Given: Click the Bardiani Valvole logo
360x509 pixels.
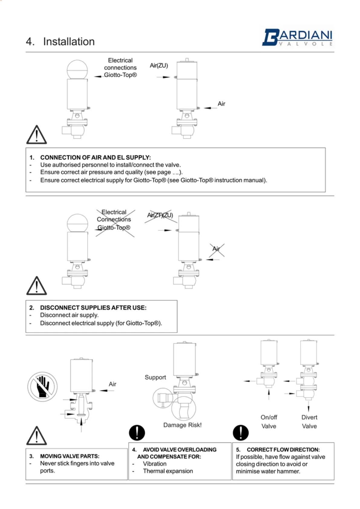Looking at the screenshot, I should click(297, 37).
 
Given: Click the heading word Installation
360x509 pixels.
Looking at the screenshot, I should click(69, 41).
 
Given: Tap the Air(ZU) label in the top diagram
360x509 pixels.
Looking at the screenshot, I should click(159, 66).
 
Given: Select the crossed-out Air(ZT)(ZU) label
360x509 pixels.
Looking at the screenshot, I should click(160, 215).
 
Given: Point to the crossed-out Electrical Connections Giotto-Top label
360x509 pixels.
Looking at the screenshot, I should click(114, 220).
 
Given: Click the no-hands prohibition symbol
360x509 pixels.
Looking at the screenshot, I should click(42, 387).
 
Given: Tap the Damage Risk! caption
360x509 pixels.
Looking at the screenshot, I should click(182, 425).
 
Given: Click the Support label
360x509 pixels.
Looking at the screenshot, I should click(155, 377).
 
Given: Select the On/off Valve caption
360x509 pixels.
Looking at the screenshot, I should click(269, 422).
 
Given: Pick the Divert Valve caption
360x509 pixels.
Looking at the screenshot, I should click(309, 422).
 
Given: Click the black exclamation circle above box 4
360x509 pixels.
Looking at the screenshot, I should click(137, 433).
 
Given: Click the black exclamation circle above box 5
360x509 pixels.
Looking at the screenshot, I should click(241, 433).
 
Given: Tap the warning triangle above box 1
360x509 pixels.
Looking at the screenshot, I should click(37, 135).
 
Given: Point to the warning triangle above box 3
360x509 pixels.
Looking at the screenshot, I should click(37, 436).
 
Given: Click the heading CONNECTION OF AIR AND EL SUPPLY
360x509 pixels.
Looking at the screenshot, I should click(96, 157).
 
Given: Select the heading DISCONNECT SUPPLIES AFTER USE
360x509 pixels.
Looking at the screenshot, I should click(93, 308).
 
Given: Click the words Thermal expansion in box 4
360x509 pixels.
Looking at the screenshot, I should click(168, 471).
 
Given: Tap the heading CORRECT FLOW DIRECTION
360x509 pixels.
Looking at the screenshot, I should click(283, 450).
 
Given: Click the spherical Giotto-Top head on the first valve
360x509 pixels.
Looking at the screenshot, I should click(77, 70).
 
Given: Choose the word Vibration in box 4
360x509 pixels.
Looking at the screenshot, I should click(154, 464).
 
